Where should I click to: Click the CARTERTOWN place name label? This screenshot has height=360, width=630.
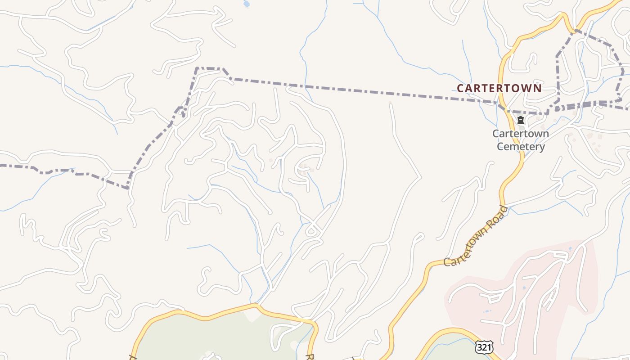tap(499, 88)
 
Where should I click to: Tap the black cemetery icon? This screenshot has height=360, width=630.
tap(521, 120)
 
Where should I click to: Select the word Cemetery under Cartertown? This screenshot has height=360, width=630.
tap(521, 147)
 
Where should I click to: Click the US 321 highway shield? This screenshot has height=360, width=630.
tap(484, 347)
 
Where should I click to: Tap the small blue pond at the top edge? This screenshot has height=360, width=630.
tap(246, 4)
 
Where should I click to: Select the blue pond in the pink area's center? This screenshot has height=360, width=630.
tap(524, 288)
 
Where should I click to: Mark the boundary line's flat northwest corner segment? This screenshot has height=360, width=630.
tap(209, 68)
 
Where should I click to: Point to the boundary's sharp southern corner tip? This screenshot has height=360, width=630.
tap(128, 188)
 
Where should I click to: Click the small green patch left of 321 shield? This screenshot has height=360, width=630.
tap(450, 346)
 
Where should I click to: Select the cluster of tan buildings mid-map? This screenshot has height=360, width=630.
tap(305, 170)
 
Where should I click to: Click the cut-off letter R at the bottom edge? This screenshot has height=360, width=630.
tap(310, 357)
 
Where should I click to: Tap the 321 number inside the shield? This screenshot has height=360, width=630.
tap(484, 348)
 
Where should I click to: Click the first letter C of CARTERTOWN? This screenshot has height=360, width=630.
tap(460, 88)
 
